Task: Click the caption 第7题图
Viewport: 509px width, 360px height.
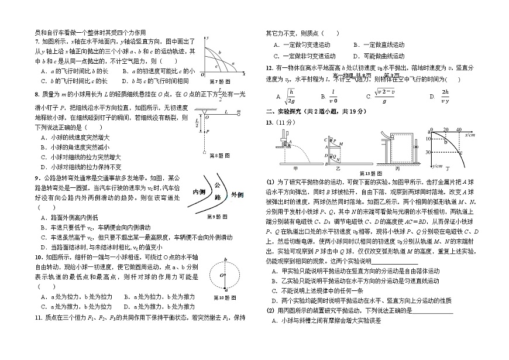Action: [217, 80]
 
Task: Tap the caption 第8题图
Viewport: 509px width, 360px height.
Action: [216, 156]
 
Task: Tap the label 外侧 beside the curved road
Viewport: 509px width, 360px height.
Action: [236, 194]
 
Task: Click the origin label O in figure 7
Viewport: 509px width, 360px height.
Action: [202, 75]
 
